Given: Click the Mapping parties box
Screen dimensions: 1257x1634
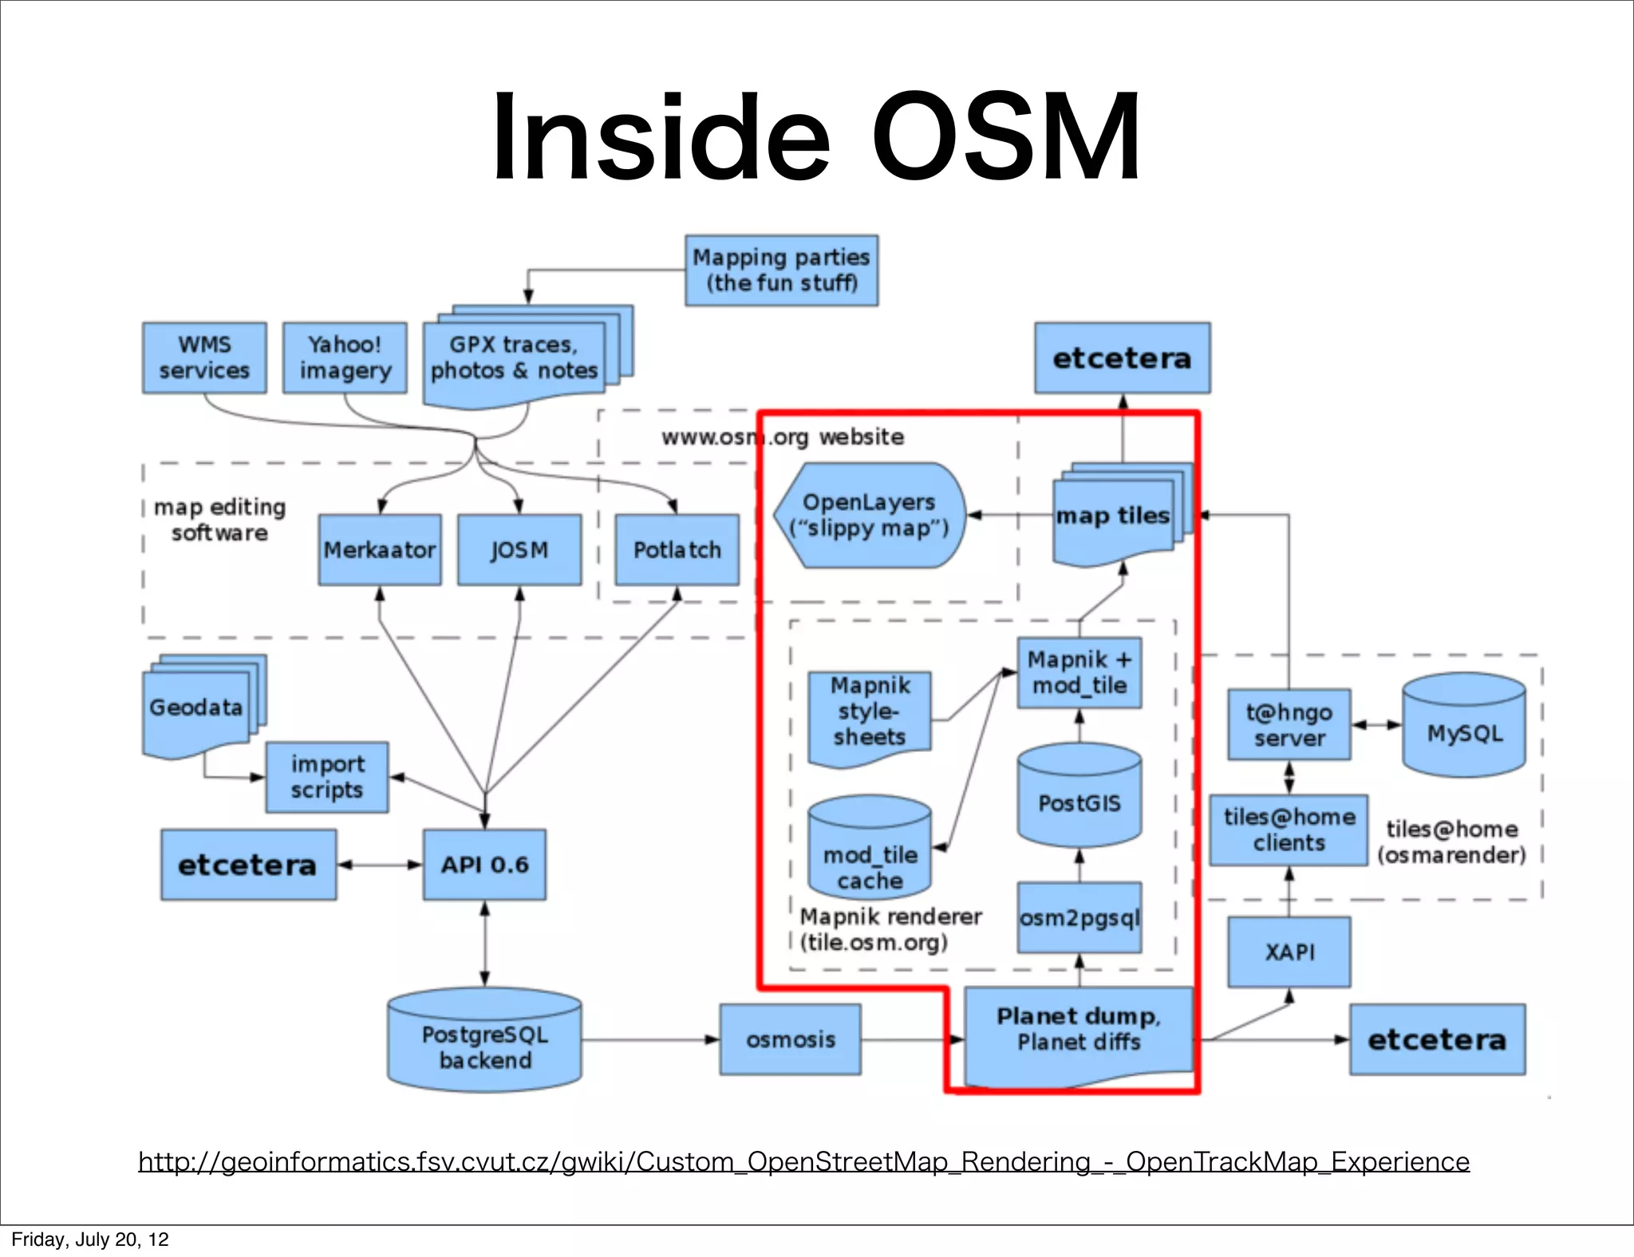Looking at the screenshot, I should click(x=781, y=270).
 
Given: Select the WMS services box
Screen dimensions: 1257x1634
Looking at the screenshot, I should click(x=204, y=358).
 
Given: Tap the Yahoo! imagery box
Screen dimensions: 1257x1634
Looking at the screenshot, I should click(x=345, y=358).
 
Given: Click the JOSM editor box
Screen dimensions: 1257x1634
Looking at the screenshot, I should click(x=519, y=550).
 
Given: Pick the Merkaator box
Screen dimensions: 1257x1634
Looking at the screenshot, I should click(x=380, y=550).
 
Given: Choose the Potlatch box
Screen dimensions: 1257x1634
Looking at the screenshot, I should click(x=677, y=550).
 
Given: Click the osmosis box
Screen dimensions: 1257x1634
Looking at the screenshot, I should click(x=790, y=1039).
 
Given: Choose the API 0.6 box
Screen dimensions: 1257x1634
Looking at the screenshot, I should click(x=484, y=865).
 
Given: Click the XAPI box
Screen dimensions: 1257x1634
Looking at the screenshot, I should click(x=1289, y=952).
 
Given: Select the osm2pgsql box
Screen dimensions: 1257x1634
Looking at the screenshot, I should click(x=1079, y=917).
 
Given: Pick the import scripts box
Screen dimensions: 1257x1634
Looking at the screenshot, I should click(x=327, y=778).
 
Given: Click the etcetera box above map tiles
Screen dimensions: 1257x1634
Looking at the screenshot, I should click(x=1122, y=358).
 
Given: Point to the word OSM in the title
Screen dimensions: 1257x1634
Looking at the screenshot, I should click(x=1005, y=137).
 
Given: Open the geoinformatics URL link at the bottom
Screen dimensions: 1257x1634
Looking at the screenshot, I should click(x=803, y=1161).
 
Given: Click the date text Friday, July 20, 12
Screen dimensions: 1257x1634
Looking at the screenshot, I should click(x=90, y=1239).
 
